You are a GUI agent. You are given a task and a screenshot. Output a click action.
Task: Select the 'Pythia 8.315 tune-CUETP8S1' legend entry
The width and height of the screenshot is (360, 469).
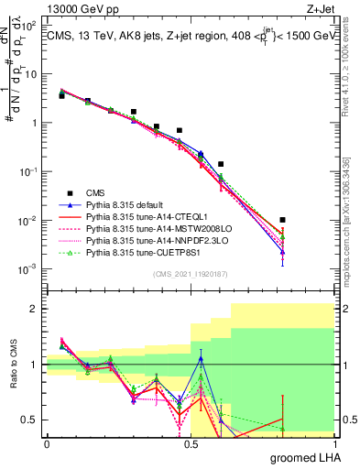point(149,252)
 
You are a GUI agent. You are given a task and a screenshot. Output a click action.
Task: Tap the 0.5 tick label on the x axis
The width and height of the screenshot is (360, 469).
point(190,443)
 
